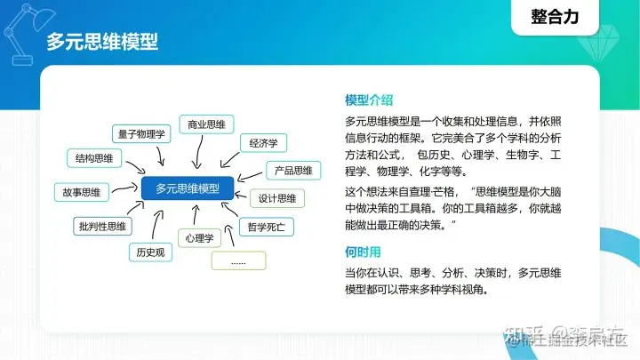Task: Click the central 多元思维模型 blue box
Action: click(187, 188)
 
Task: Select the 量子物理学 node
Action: click(141, 134)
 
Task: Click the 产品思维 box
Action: click(292, 170)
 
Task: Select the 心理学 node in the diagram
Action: click(200, 237)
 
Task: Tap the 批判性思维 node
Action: click(101, 226)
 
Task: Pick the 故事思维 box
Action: click(82, 192)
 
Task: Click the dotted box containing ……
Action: click(237, 261)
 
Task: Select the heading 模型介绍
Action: click(369, 100)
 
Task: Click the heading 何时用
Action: click(363, 251)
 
